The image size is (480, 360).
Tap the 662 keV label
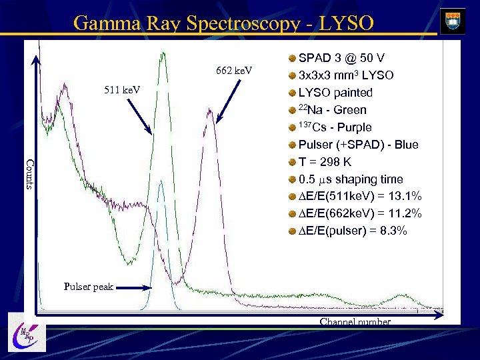(x=234, y=70)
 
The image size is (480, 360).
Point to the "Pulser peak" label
(x=89, y=287)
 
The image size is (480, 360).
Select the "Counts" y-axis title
(x=29, y=173)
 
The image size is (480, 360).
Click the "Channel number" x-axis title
(x=355, y=322)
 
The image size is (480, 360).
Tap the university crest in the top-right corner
(x=453, y=20)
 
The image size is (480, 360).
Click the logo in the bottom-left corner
(x=27, y=331)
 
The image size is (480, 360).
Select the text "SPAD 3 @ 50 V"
(x=341, y=57)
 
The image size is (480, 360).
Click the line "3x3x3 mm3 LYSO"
(x=345, y=75)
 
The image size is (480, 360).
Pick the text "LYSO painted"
(x=335, y=92)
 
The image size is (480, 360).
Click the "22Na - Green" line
(x=332, y=109)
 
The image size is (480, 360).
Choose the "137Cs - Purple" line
(x=335, y=127)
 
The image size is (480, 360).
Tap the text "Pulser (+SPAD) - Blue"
(x=358, y=144)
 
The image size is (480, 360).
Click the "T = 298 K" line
(x=325, y=161)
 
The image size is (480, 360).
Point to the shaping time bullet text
(x=351, y=179)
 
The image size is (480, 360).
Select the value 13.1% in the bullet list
(x=405, y=196)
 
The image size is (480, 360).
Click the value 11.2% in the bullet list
(x=405, y=213)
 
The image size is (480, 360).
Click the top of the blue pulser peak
(x=162, y=181)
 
